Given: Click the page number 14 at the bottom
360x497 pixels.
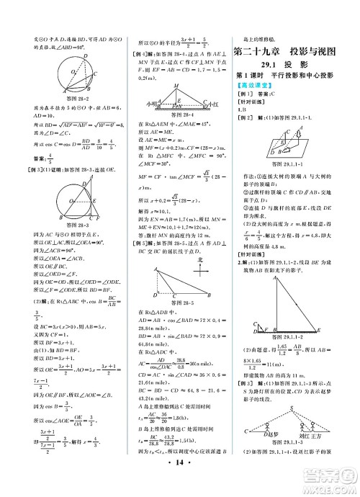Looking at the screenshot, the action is (181, 484).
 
